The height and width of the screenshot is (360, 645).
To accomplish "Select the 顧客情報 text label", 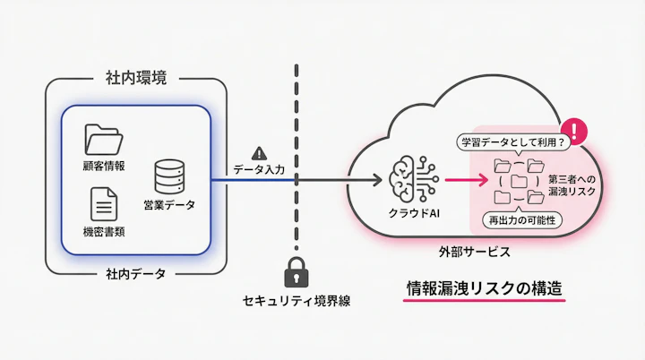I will pyautogui.click(x=104, y=167).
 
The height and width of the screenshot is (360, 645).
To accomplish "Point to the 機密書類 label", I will pyautogui.click(x=104, y=232).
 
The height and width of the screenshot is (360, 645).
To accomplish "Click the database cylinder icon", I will pyautogui.click(x=169, y=176).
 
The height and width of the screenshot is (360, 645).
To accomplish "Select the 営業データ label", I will pyautogui.click(x=169, y=206).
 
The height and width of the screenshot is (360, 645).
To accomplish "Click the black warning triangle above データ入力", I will pyautogui.click(x=260, y=153).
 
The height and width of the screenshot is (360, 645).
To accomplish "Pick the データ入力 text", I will pyautogui.click(x=259, y=168).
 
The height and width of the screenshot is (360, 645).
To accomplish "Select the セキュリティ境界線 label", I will pyautogui.click(x=296, y=301).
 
